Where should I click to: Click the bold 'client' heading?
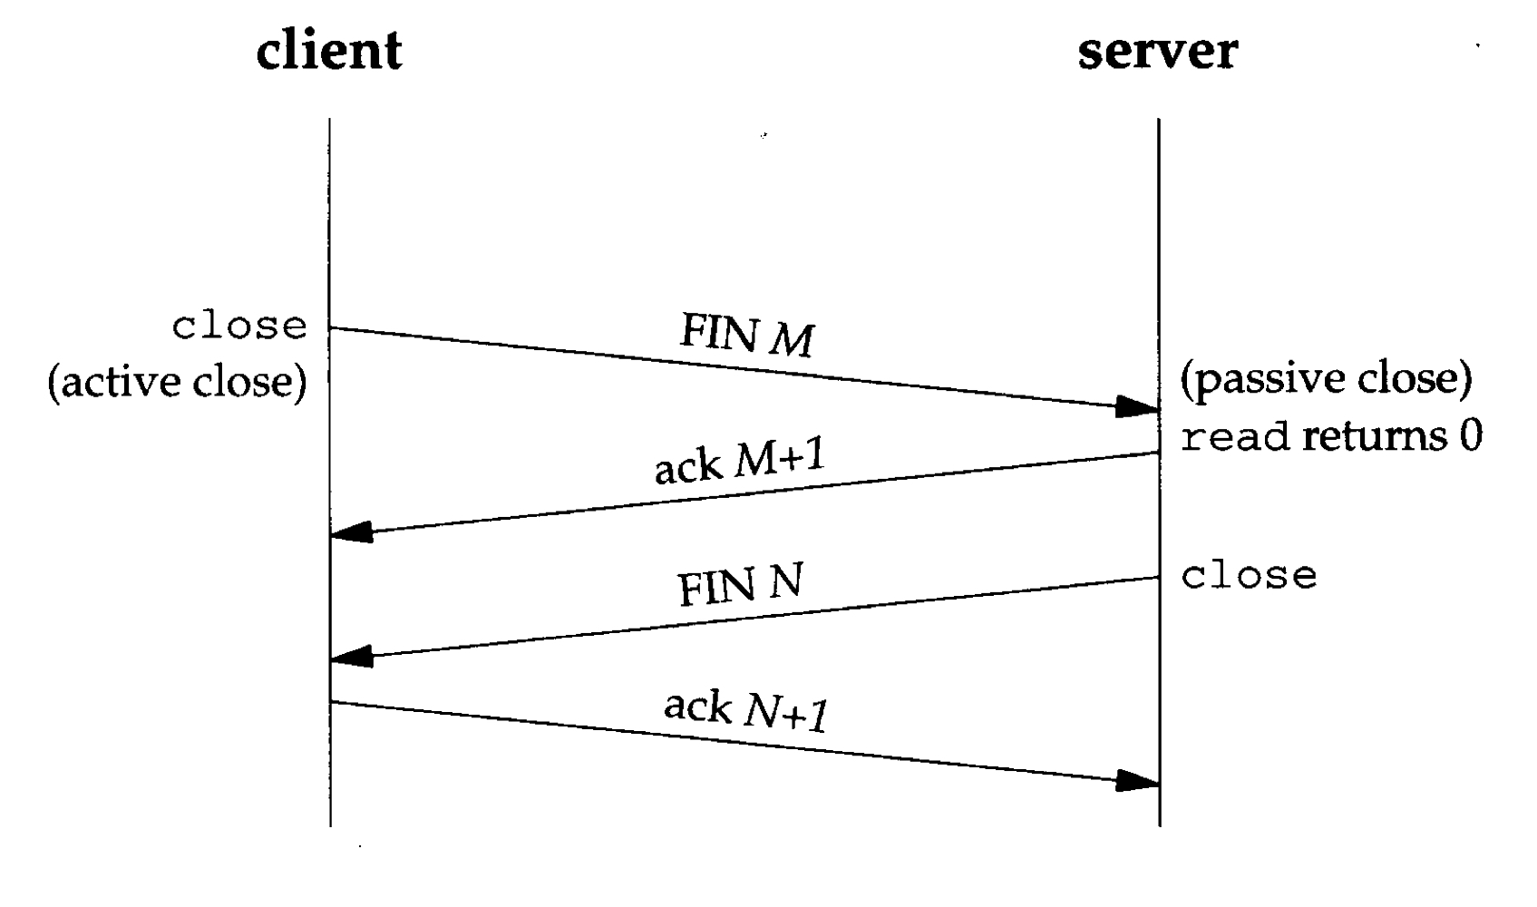pyautogui.click(x=328, y=50)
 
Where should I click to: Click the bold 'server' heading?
pyautogui.click(x=1157, y=50)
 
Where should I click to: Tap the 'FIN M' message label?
pyautogui.click(x=746, y=336)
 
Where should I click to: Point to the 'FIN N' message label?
pyautogui.click(x=740, y=585)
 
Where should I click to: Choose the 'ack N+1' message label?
pyautogui.click(x=745, y=710)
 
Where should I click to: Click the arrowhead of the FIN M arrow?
pyautogui.click(x=1137, y=407)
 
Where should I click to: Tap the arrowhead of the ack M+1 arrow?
pyautogui.click(x=352, y=532)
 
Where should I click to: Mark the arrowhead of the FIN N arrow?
pyautogui.click(x=352, y=656)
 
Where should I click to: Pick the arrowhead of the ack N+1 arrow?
pyautogui.click(x=1137, y=780)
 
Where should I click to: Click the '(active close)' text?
pyautogui.click(x=177, y=381)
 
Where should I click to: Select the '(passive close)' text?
pyautogui.click(x=1326, y=378)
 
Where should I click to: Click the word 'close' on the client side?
pyautogui.click(x=239, y=327)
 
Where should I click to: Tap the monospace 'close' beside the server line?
pyautogui.click(x=1249, y=575)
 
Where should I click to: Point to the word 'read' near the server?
pyautogui.click(x=1234, y=437)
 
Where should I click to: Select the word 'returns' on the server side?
pyautogui.click(x=1375, y=437)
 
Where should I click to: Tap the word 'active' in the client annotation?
pyautogui.click(x=120, y=381)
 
